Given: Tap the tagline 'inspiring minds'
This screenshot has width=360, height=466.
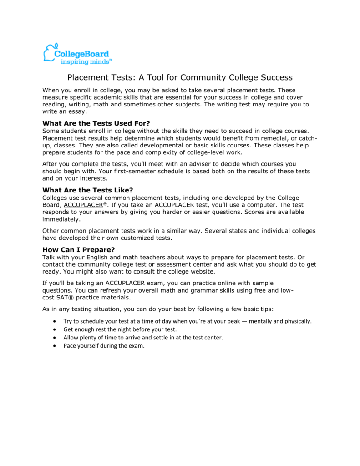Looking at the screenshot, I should [x=86, y=61].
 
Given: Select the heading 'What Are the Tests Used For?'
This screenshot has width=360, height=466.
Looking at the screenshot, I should [x=96, y=123].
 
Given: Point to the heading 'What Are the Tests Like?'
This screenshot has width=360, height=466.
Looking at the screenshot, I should [x=87, y=190].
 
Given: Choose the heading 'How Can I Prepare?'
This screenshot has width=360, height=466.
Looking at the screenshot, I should [x=79, y=249].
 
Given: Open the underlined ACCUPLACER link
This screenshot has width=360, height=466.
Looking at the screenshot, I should [x=83, y=205].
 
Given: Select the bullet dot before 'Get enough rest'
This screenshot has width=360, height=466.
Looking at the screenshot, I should [x=55, y=329].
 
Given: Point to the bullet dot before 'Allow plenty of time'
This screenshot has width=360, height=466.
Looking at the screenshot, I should [x=55, y=338].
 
